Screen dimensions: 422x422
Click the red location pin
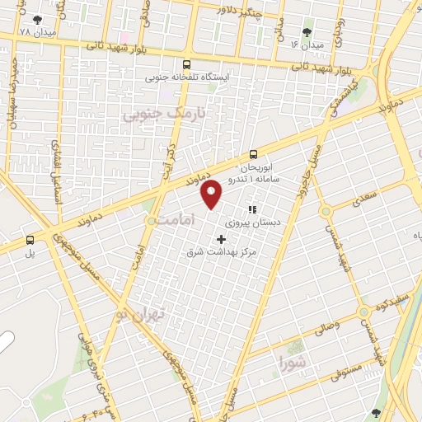coord(213,195)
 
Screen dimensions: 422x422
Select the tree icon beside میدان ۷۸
coord(36,19)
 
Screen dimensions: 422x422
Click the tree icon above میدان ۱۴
coord(307,31)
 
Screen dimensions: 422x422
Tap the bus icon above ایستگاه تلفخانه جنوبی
coord(187,63)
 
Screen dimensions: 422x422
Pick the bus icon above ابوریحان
coord(253,154)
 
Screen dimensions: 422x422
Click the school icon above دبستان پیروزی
coord(252,210)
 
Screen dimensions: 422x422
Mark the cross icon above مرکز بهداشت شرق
coord(221,238)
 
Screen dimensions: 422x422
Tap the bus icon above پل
coord(30,240)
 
